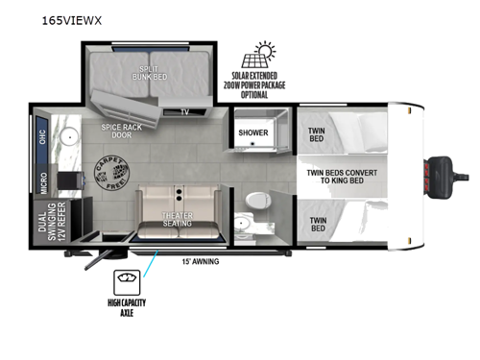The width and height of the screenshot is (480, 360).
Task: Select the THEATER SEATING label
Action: [175, 219]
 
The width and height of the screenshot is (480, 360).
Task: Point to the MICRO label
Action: [44, 180]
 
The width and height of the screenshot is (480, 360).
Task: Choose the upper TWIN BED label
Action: [317, 135]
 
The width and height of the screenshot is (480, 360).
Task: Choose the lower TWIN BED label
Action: [317, 224]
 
